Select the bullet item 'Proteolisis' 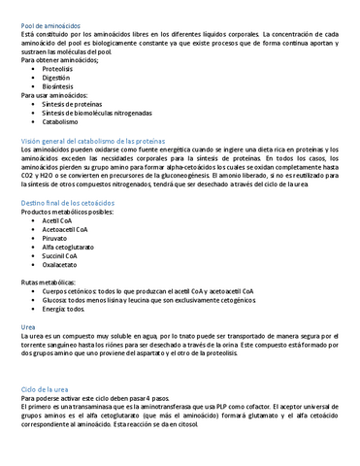coord(57,69)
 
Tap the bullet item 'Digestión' coord(56,78)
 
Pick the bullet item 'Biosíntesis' coord(57,86)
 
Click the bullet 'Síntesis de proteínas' coord(73,105)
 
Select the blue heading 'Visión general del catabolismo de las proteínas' coord(105,142)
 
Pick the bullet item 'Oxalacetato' coord(59,264)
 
